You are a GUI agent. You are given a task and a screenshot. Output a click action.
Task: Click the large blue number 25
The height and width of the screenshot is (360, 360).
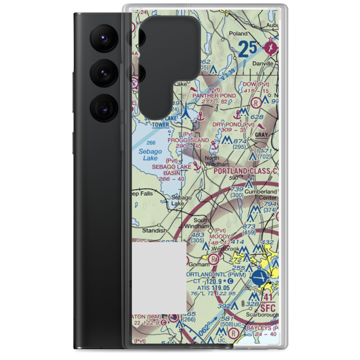(x=248, y=49)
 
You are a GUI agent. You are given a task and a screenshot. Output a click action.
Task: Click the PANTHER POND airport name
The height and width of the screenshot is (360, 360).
(x=214, y=95)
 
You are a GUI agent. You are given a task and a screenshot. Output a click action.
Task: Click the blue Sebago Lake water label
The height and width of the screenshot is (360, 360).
(x=150, y=154)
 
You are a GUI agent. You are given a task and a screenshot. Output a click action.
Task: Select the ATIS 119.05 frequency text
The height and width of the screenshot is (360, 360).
(x=213, y=288)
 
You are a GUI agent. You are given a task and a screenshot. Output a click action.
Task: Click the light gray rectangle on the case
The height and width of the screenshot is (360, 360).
(x=159, y=277)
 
